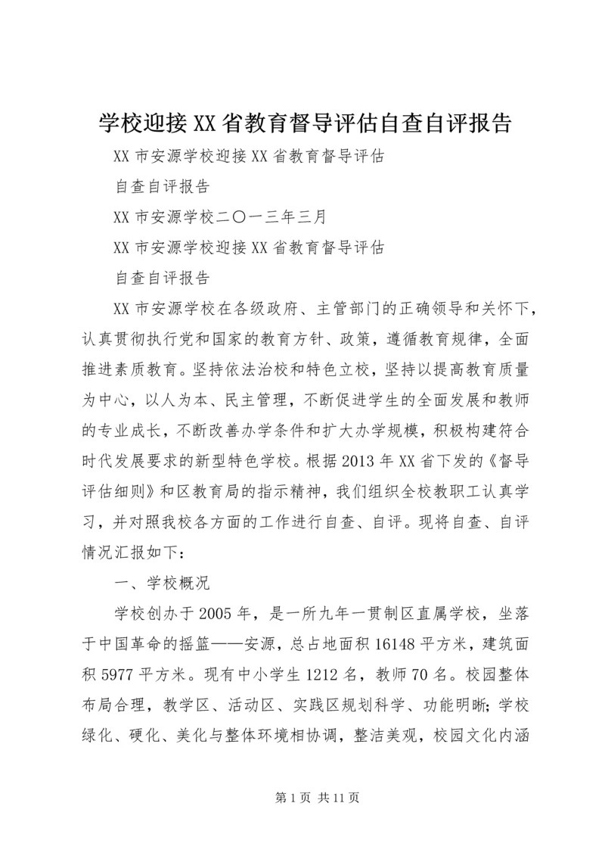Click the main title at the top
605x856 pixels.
302,122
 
